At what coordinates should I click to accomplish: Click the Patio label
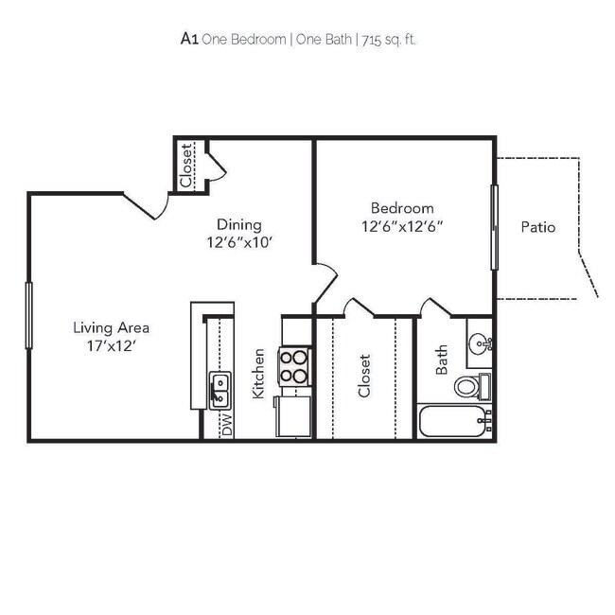coord(537,227)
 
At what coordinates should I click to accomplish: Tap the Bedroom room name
coord(402,208)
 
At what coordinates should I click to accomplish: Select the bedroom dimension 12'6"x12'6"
coord(402,226)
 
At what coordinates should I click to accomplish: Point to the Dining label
coord(238,224)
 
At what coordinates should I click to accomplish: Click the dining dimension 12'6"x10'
coord(238,242)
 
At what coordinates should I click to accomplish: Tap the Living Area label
coord(112,327)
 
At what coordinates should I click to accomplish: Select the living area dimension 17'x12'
coord(112,345)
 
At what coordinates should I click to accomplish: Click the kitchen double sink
coord(220,387)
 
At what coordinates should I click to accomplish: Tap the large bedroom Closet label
coord(364,376)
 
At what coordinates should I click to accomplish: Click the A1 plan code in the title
coord(188,39)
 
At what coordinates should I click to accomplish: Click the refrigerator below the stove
coord(294,416)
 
